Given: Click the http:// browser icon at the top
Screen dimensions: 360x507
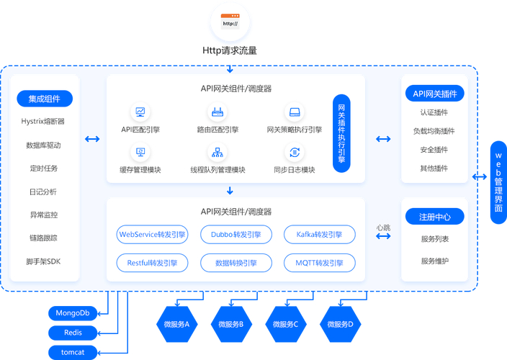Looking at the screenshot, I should point(230,21).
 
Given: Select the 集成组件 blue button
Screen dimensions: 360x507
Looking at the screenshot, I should point(45,99).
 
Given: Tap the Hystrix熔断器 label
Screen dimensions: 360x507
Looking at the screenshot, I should point(43,122).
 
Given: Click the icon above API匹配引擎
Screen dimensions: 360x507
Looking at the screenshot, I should point(140,112).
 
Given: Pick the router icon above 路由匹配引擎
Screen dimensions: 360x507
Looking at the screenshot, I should point(217,112).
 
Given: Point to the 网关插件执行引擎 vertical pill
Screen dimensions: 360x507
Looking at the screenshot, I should point(341,134).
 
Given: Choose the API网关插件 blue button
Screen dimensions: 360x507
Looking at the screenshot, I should point(434,94).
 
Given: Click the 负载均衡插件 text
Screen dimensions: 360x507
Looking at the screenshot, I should point(434,131).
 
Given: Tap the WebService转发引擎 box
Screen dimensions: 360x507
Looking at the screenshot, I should point(153,234).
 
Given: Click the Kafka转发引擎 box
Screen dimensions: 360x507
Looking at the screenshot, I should point(319,234).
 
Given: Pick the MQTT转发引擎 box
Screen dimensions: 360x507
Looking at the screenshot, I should point(319,263).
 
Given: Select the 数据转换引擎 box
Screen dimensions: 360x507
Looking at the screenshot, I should point(236,263).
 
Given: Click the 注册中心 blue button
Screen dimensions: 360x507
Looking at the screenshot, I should point(434,217).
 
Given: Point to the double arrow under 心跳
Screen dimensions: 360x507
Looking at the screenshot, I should point(383,235).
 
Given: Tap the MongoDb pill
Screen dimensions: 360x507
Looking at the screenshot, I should point(73,313).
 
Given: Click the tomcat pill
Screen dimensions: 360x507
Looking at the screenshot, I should point(73,352).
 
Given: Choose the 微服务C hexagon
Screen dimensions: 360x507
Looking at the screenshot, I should point(285,324).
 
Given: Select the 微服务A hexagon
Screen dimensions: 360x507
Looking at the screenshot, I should point(176,324).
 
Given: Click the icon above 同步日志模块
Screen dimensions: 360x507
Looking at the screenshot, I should point(295,153).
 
